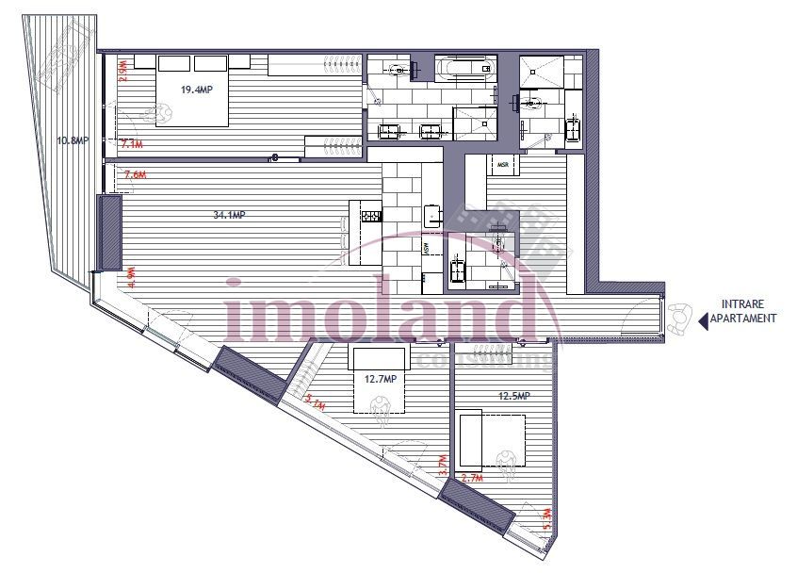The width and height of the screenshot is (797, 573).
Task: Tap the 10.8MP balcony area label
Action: click(73, 140)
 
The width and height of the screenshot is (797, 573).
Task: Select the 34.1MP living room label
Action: click(230, 215)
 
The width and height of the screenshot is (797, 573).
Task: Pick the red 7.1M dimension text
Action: click(132, 144)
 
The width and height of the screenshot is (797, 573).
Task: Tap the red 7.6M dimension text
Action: click(135, 174)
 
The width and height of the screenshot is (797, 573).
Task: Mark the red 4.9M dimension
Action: click(132, 276)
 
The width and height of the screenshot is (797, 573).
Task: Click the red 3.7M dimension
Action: click(444, 464)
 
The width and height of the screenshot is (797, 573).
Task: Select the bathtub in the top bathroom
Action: click(464, 69)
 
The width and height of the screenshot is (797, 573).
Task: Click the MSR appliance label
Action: click(503, 166)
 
